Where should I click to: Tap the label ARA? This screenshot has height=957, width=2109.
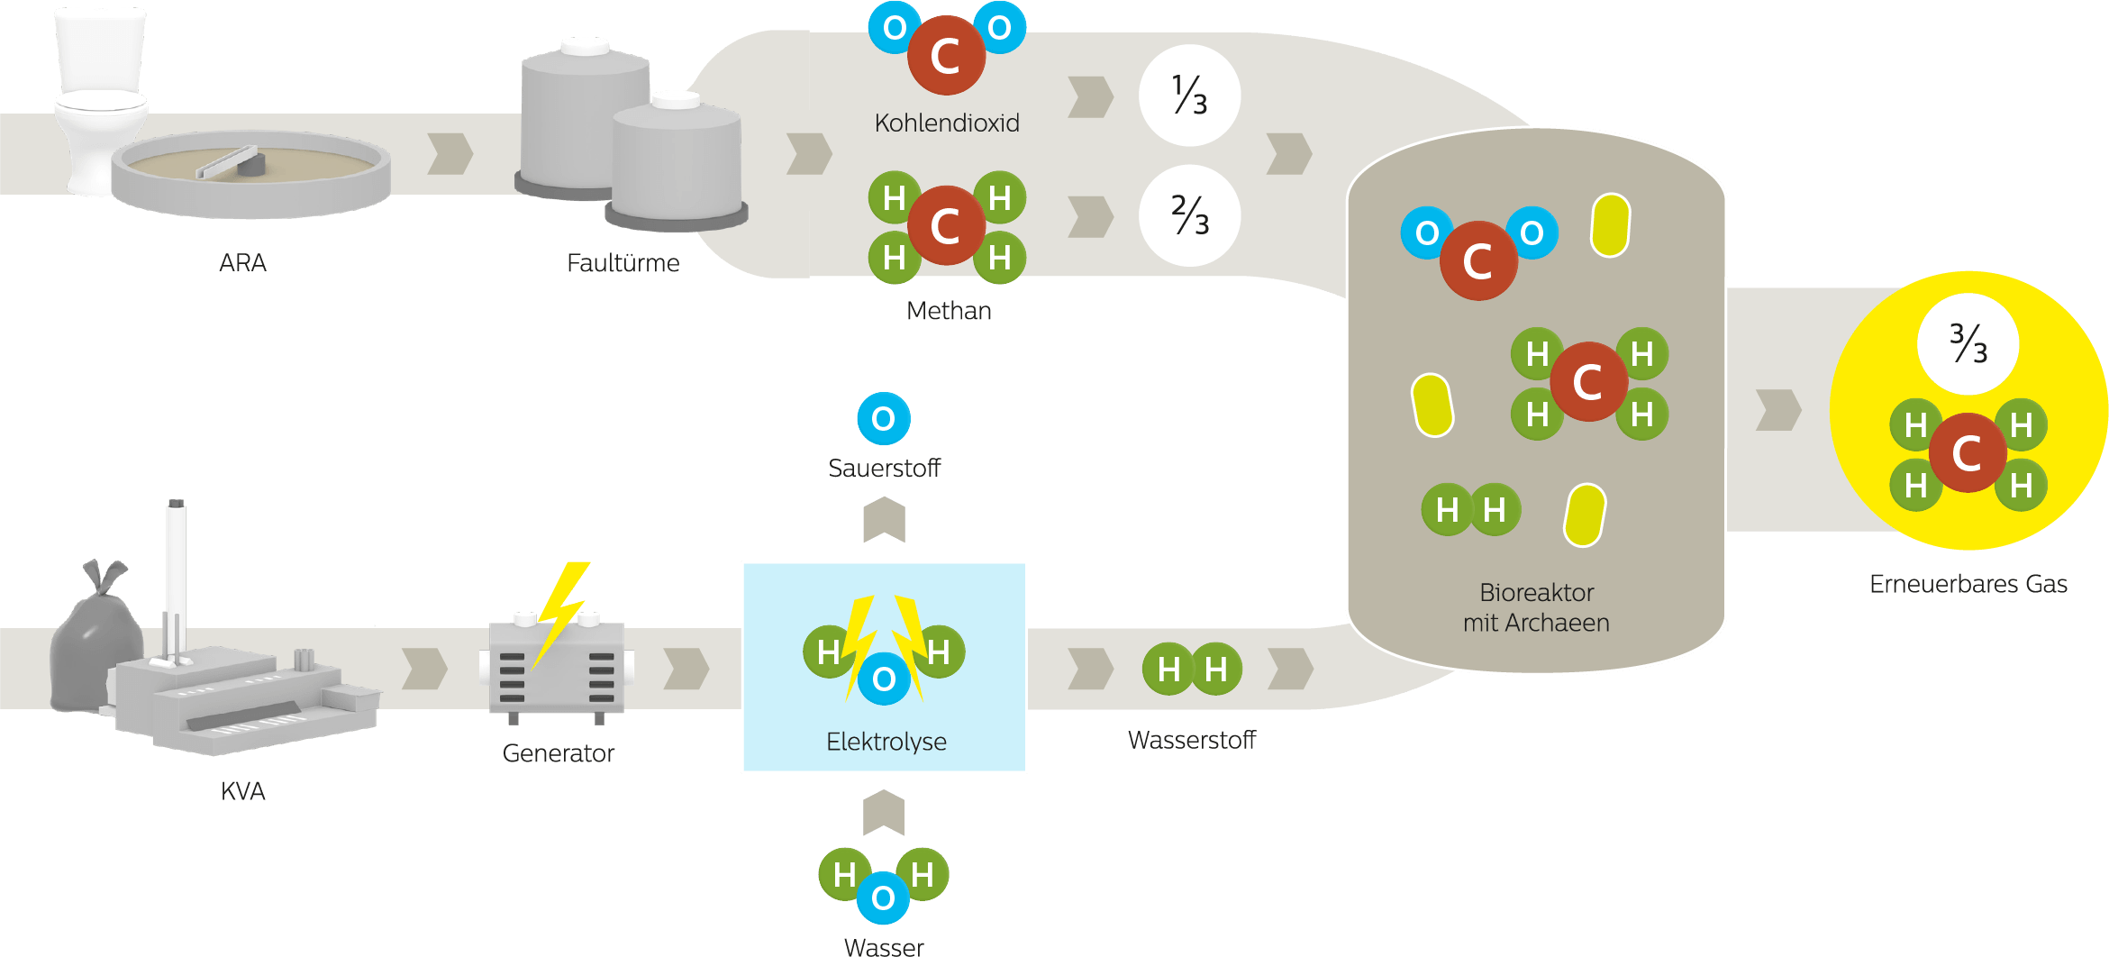click(x=242, y=263)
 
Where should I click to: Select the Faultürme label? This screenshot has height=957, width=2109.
click(x=623, y=263)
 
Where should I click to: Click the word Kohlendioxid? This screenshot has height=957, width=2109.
click(x=947, y=123)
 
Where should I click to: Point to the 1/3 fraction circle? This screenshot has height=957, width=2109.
click(x=1189, y=96)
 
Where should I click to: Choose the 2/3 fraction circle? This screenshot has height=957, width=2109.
click(x=1189, y=216)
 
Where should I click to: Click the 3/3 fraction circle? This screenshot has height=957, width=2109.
click(x=1968, y=343)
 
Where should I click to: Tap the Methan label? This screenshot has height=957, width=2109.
click(x=949, y=311)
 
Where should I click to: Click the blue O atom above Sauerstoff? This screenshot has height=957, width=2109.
click(x=884, y=418)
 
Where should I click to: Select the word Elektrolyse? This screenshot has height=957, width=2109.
click(x=886, y=742)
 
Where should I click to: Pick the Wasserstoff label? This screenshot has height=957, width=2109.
click(x=1192, y=741)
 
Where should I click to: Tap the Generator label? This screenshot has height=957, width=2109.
click(x=559, y=753)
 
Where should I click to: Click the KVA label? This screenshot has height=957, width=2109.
click(x=243, y=791)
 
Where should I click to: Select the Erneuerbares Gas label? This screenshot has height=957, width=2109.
click(x=1968, y=584)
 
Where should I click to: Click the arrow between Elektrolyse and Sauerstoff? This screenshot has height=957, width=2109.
click(x=884, y=520)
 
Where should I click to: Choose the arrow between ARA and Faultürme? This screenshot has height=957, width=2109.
click(x=450, y=154)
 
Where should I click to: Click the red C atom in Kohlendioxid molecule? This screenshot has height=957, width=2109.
click(x=946, y=56)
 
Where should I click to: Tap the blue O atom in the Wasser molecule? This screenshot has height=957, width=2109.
click(x=883, y=898)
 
